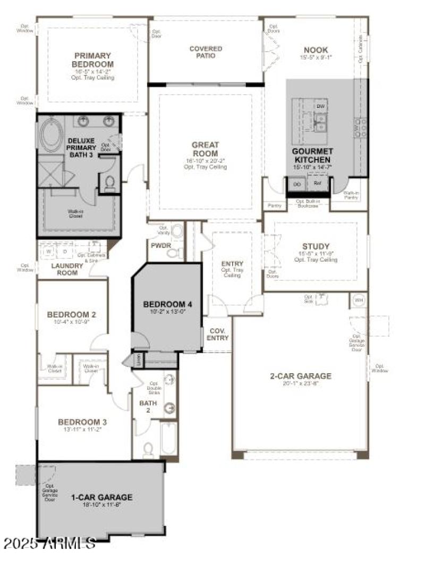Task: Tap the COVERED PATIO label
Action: point(206,52)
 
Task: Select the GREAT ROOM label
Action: point(205,149)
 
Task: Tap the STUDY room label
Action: point(316,246)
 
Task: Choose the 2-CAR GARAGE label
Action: point(300,376)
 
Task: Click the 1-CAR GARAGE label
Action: point(101,498)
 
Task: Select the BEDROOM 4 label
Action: point(167,305)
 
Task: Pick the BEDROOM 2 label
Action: point(71,314)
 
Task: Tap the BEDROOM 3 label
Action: point(82,422)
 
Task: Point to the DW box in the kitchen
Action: point(320,106)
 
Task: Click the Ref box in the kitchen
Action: point(318,183)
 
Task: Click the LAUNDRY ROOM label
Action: point(64,269)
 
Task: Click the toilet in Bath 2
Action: point(149,450)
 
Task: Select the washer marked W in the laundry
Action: point(49,250)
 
